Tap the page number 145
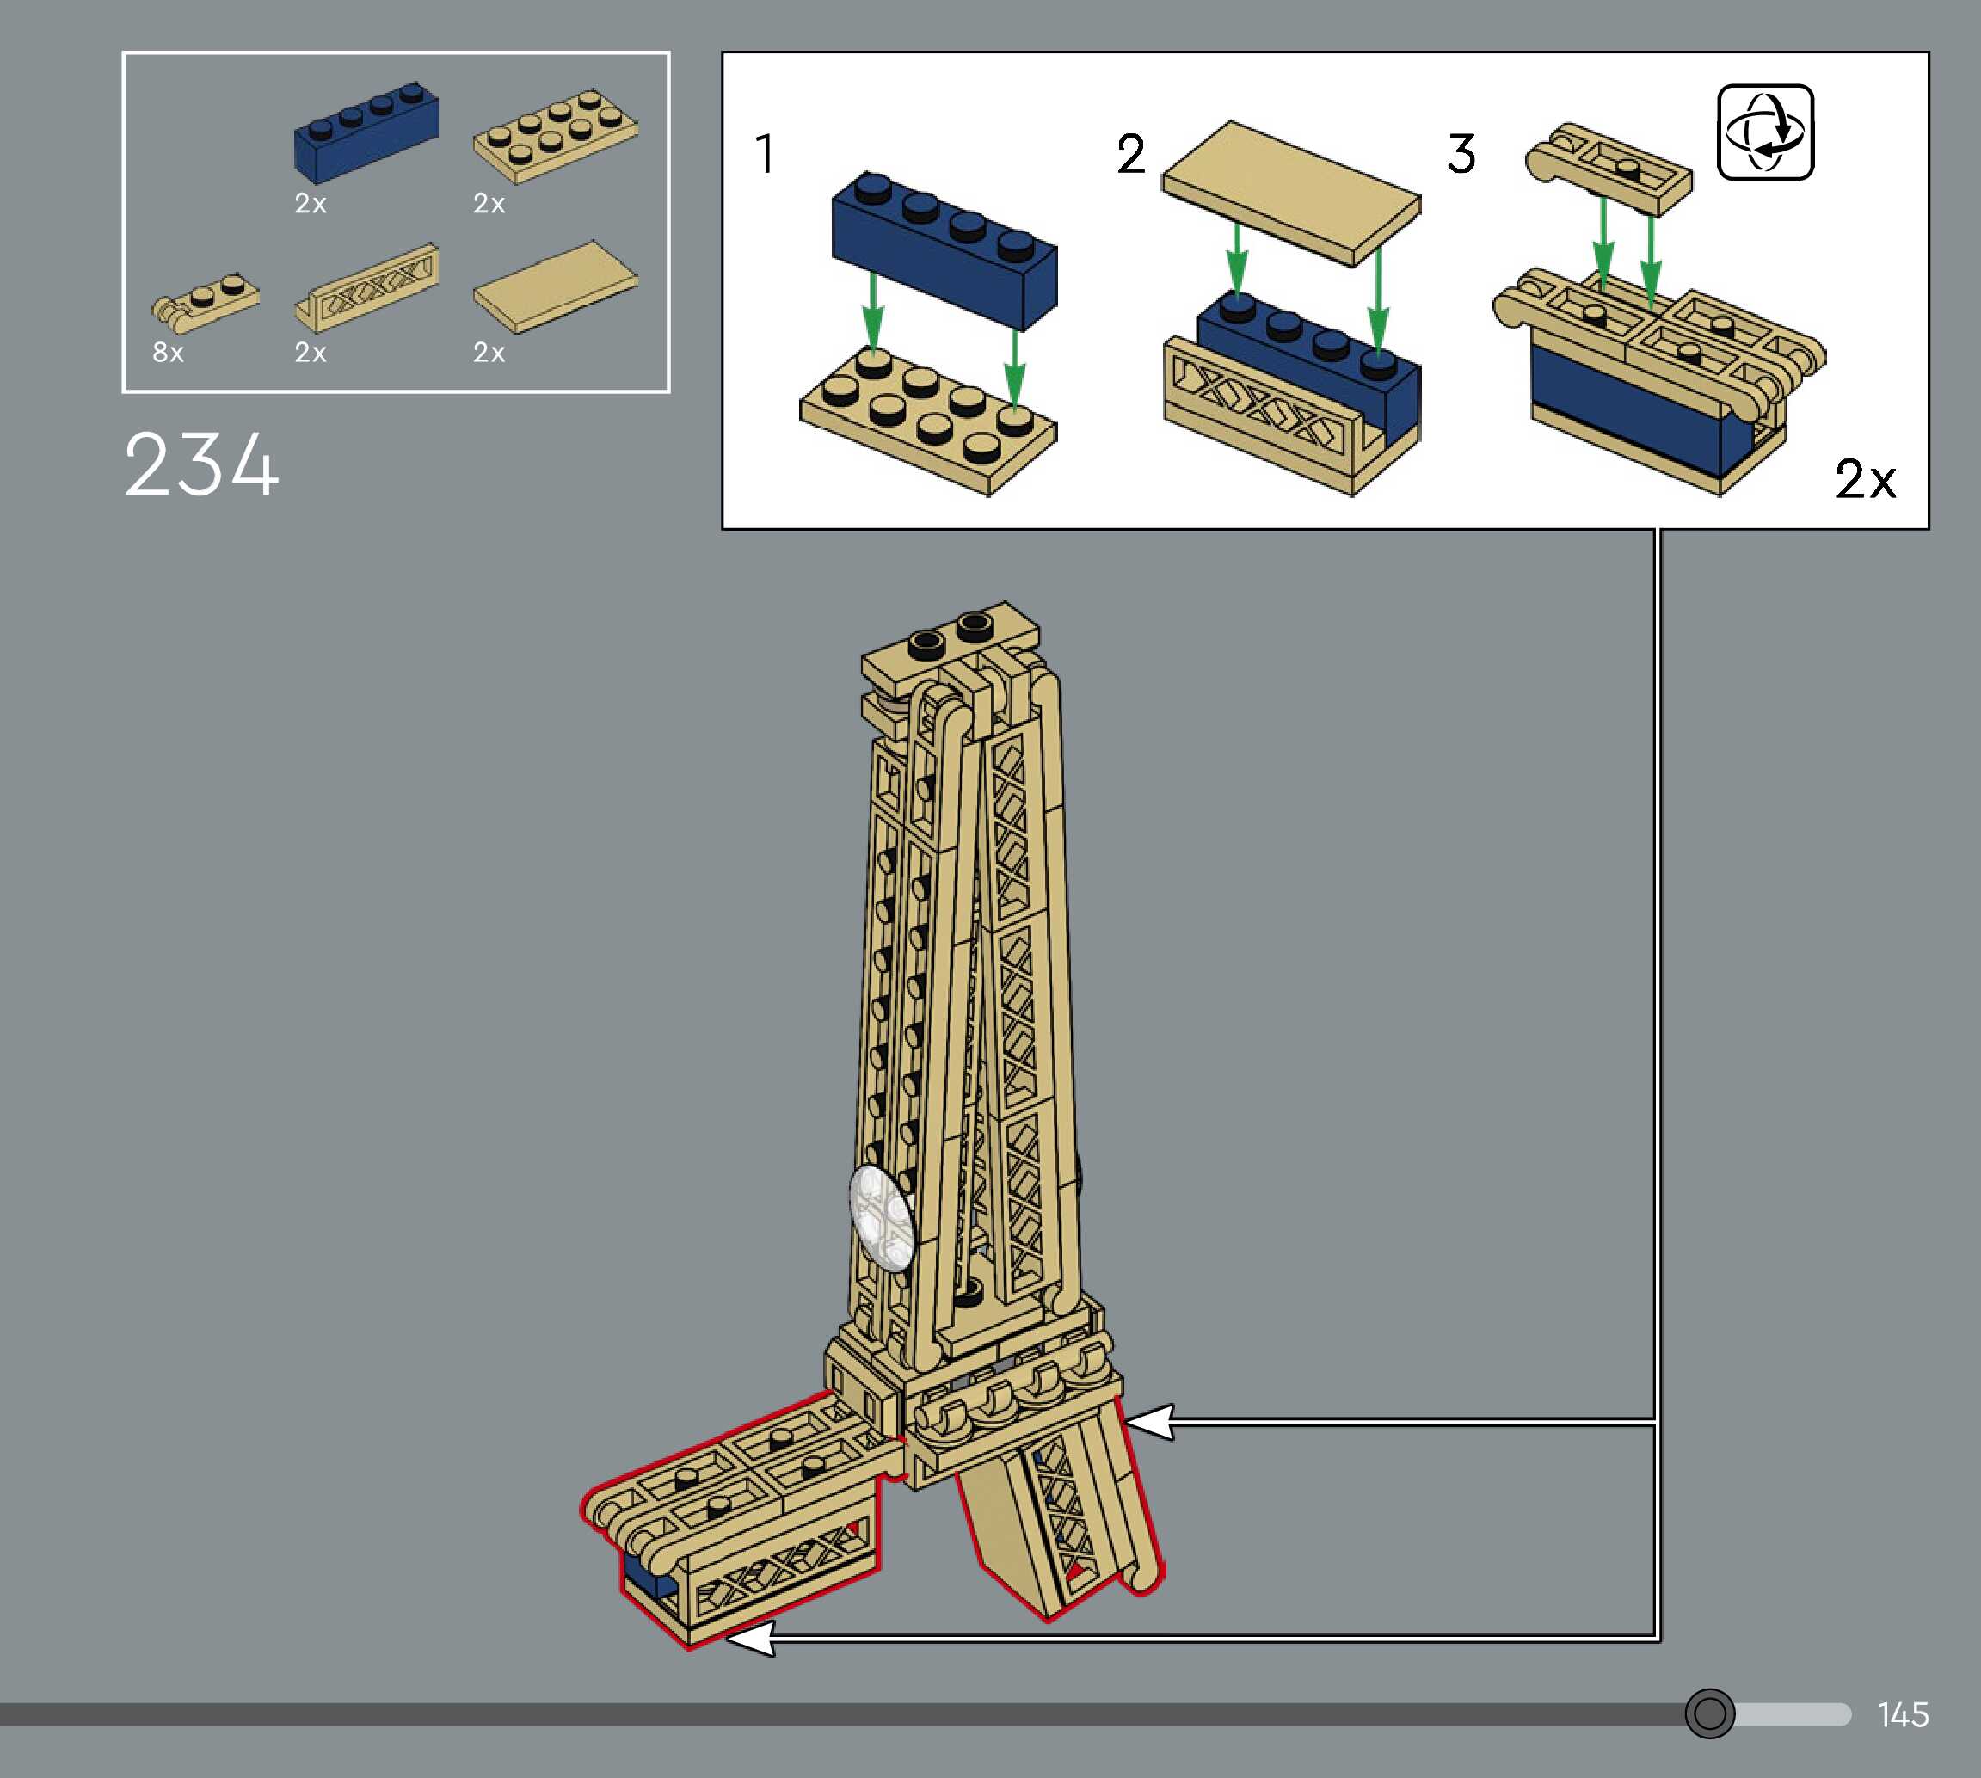[x=1903, y=1714]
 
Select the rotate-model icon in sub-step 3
[x=1765, y=132]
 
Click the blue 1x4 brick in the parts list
[x=366, y=132]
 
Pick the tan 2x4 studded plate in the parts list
[x=555, y=136]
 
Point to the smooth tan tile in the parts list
[x=555, y=287]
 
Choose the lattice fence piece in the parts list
[x=366, y=287]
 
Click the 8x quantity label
[x=168, y=352]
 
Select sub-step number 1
[x=765, y=153]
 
